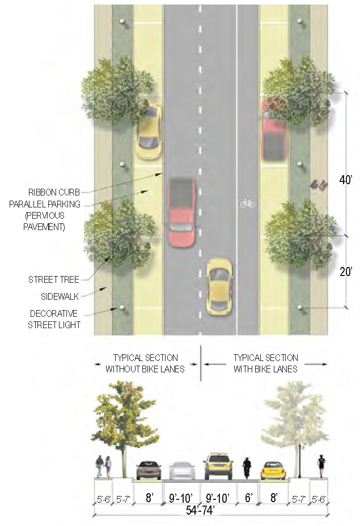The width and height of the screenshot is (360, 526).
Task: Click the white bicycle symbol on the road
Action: click(x=247, y=203)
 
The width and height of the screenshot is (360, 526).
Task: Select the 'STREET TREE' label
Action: click(x=54, y=279)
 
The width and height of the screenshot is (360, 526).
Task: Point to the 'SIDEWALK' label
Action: click(x=60, y=296)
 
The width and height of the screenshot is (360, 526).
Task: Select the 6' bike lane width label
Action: click(x=248, y=498)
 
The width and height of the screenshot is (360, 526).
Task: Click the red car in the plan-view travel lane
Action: click(x=182, y=213)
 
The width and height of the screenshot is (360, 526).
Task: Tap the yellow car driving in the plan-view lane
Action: click(x=219, y=287)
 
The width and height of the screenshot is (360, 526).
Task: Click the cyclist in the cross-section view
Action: click(x=247, y=468)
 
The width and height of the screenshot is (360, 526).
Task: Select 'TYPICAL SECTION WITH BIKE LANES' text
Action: click(x=265, y=363)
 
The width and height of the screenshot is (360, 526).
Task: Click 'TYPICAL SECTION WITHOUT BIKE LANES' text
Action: click(x=145, y=363)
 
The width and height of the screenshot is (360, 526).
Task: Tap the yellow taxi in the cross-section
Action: click(x=218, y=466)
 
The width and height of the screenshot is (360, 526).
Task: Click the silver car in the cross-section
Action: click(x=181, y=470)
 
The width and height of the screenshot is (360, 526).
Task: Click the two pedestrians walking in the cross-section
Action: click(x=103, y=466)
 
